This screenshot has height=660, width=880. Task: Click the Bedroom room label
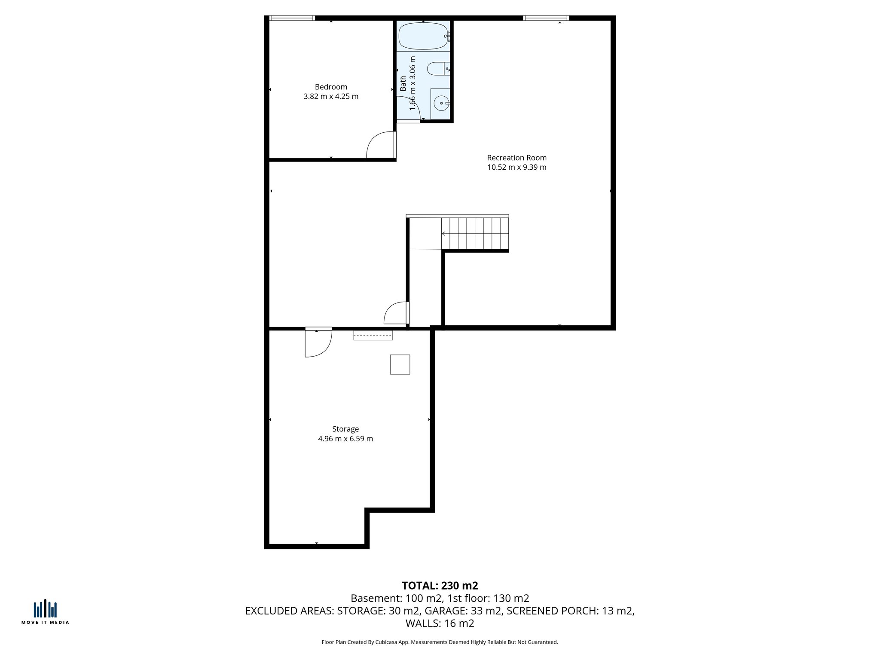[331, 87]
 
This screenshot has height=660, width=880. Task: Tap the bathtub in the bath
[423, 36]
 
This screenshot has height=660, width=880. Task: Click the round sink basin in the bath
[441, 103]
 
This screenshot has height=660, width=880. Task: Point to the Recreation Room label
[516, 158]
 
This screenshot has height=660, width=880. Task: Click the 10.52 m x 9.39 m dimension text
[516, 168]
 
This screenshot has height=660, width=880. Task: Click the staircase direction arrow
[443, 234]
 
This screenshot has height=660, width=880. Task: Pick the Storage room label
[345, 429]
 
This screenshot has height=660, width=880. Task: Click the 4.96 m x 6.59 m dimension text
[345, 439]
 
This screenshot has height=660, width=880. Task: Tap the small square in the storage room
[400, 364]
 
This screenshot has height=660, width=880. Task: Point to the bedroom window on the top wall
[292, 18]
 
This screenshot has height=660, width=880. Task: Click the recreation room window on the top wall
[546, 18]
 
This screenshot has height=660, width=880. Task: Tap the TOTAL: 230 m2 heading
[440, 586]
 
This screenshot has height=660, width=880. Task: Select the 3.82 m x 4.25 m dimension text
[331, 97]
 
